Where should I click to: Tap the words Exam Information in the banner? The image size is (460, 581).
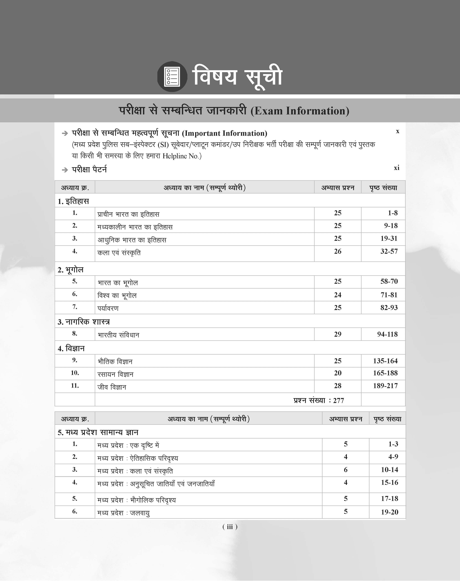tap(300, 111)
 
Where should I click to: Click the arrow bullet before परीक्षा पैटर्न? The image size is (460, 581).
tap(65, 170)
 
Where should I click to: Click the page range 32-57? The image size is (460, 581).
tap(389, 251)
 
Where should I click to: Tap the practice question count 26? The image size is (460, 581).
tap(337, 251)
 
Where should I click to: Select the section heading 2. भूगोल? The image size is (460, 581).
tap(71, 270)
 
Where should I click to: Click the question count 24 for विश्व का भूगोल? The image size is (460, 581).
tap(337, 295)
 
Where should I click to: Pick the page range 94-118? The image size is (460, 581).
tap(387, 334)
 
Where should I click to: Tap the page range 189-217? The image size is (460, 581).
tap(385, 386)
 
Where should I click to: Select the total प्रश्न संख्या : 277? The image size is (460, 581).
tap(319, 400)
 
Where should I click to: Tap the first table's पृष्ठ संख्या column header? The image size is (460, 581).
tap(383, 188)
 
